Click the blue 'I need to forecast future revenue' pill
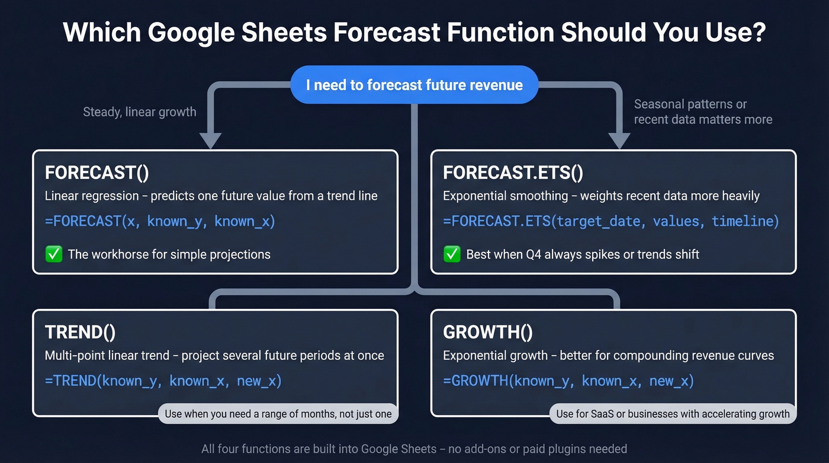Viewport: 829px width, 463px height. coord(414,85)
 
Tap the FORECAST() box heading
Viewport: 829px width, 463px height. coord(97,173)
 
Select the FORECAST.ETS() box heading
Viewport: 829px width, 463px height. coord(513,173)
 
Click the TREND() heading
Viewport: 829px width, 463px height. coord(80,332)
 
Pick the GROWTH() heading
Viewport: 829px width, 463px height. coord(487,332)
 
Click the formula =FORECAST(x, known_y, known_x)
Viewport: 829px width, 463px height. coord(160,221)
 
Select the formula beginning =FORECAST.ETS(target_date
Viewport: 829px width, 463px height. coord(610,221)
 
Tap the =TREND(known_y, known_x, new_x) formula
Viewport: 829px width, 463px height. coord(163,381)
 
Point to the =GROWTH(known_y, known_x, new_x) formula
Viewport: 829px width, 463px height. coord(568,381)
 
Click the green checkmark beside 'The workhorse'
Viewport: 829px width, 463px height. coord(54,254)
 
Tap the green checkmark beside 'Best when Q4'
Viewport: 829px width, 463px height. coord(452,254)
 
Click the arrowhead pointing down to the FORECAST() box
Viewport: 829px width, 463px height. coord(210,141)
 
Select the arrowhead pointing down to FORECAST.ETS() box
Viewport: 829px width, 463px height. coord(619,141)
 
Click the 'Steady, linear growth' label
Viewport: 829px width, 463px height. coord(139,111)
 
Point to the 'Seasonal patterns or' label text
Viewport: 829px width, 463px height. coord(690,104)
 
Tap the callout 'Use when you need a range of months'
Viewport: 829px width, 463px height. coord(278,414)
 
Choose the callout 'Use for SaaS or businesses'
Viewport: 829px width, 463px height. coord(673,414)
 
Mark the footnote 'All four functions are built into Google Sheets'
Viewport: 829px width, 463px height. coord(414,449)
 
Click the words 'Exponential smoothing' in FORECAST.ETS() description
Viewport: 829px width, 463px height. coord(507,196)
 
